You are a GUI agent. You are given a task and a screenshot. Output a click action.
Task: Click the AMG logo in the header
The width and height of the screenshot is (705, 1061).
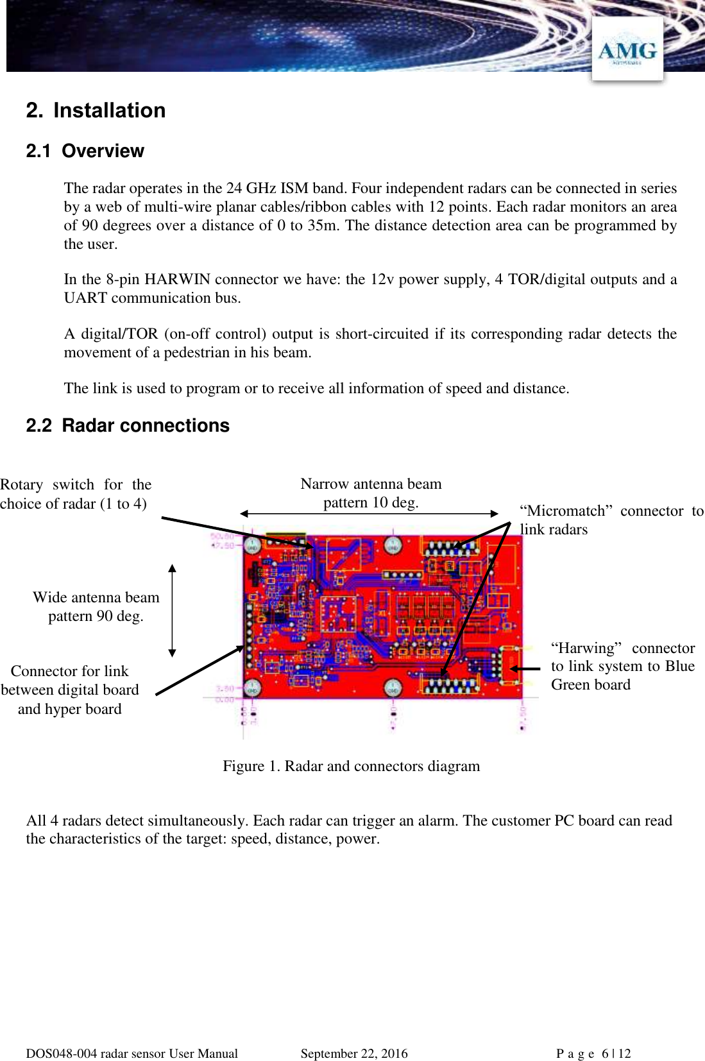point(627,50)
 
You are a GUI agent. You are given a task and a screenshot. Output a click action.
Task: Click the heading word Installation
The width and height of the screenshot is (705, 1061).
point(109,110)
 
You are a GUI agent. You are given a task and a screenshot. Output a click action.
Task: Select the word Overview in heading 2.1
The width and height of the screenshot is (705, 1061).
point(103,151)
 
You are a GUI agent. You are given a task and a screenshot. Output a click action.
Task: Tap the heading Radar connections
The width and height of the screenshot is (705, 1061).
point(145,425)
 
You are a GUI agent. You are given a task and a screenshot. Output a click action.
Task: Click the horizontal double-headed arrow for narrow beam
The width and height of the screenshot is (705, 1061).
point(369,513)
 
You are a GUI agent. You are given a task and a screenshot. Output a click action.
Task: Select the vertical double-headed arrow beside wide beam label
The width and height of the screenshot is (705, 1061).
point(172,611)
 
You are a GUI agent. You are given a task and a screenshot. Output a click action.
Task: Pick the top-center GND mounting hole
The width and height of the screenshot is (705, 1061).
point(393,546)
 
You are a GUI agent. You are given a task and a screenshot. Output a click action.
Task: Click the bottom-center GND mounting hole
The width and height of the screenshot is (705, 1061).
point(393,688)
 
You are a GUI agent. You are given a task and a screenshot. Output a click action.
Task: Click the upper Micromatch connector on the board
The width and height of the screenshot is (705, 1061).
point(450,549)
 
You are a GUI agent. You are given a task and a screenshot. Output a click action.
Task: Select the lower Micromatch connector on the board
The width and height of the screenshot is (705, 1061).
point(450,685)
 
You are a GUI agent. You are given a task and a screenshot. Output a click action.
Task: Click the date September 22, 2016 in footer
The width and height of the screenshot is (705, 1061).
point(353,1053)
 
